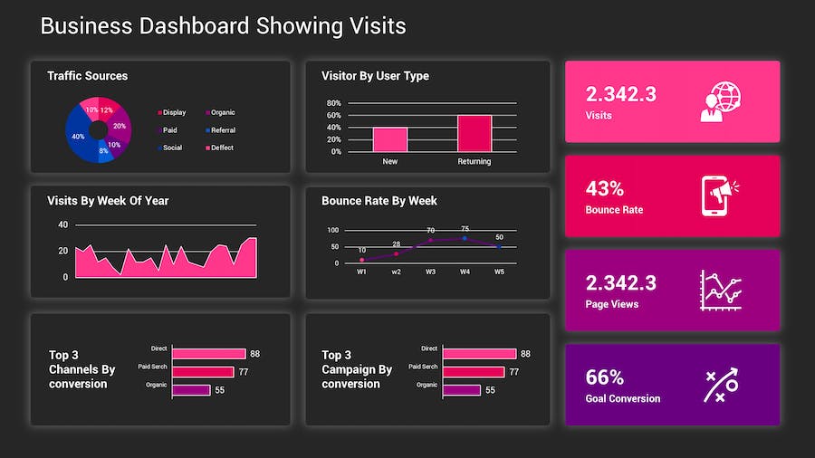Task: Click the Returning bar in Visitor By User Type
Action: pyautogui.click(x=474, y=133)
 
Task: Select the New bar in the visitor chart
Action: pyautogui.click(x=390, y=139)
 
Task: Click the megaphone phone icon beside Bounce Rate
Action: pyautogui.click(x=720, y=196)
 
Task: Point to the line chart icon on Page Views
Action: pyautogui.click(x=720, y=291)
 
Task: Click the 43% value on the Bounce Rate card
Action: pyautogui.click(x=604, y=189)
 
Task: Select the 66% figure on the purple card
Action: pyautogui.click(x=604, y=377)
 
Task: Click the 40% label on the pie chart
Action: pyautogui.click(x=78, y=137)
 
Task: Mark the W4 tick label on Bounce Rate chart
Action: pyautogui.click(x=465, y=272)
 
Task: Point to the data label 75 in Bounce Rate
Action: pyautogui.click(x=465, y=229)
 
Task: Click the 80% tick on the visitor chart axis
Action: pyautogui.click(x=333, y=103)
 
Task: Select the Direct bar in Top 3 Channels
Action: pyautogui.click(x=208, y=354)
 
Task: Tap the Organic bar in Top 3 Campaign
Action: pyautogui.click(x=461, y=390)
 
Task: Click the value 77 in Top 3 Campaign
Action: pyautogui.click(x=513, y=372)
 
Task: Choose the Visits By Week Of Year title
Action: pyautogui.click(x=108, y=201)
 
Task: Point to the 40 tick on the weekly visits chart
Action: pyautogui.click(x=62, y=224)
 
